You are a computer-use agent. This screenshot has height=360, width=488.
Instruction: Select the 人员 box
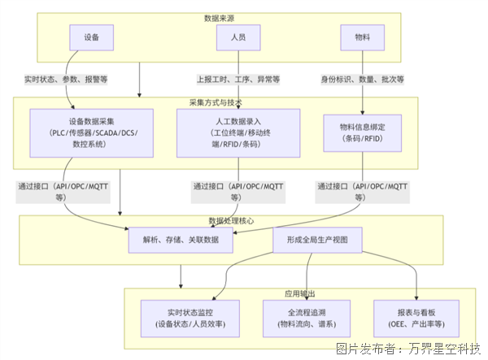point(237,37)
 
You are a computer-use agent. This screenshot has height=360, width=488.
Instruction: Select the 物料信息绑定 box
point(362,132)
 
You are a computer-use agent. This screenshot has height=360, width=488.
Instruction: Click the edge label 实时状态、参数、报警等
point(67,80)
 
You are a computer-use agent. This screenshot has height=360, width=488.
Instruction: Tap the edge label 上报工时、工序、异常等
point(237,80)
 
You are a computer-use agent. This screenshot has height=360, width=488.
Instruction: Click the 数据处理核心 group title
point(232,220)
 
